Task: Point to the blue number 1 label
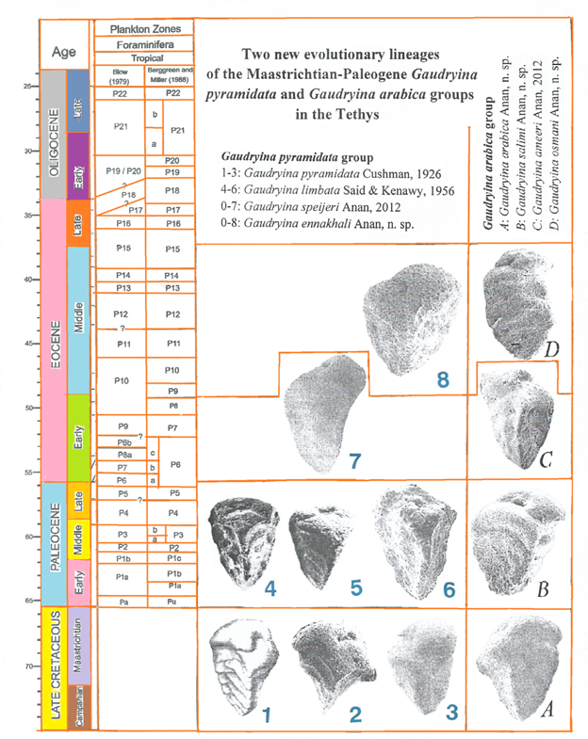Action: point(268,714)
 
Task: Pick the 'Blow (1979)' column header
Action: point(121,74)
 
